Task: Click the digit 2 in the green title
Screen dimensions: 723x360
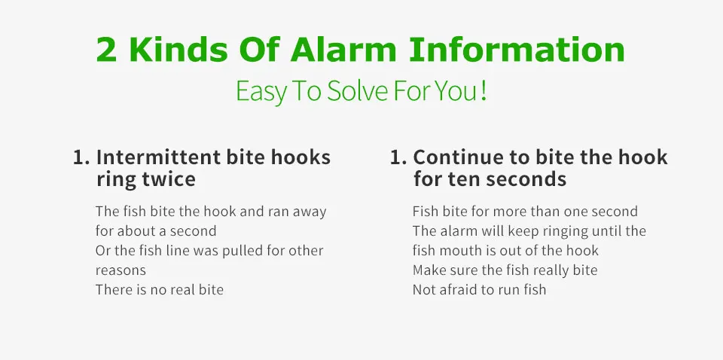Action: (107, 49)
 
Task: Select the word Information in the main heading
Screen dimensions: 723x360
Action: (517, 49)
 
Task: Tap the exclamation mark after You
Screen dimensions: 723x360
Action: (484, 91)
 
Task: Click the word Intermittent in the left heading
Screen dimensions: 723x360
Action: (158, 157)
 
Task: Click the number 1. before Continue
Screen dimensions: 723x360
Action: (398, 157)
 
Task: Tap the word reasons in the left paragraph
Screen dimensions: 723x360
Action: (120, 271)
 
